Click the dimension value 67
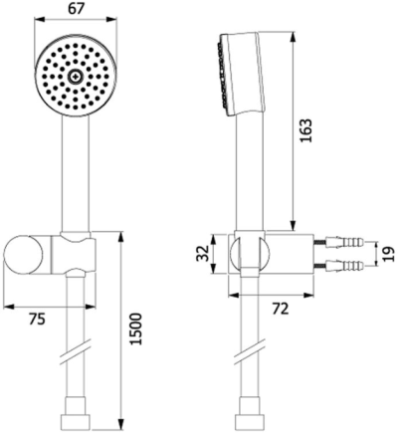pos(76,9)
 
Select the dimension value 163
pos(306,130)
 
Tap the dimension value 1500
pos(135,328)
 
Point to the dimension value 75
pos(37,320)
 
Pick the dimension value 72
pos(281,310)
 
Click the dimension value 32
pos(203,254)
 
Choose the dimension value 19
pos(389,254)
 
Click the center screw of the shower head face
pos(76,78)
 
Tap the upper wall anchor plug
pos(345,242)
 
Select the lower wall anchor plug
pos(345,266)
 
